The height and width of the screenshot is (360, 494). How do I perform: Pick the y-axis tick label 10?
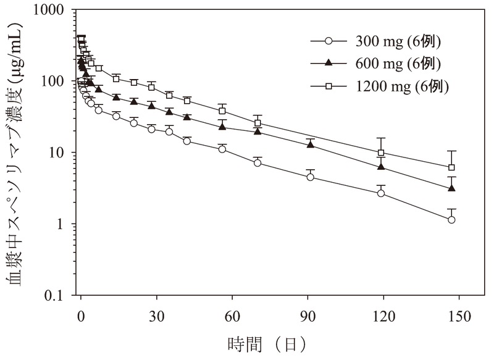[60, 153]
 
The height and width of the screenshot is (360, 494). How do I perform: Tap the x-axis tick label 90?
[308, 314]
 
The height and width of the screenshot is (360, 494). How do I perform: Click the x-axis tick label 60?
[232, 314]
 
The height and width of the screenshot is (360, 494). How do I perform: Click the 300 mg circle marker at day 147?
[451, 220]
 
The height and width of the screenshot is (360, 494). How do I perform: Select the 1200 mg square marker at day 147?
[451, 167]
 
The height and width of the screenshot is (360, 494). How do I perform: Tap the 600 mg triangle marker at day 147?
[451, 188]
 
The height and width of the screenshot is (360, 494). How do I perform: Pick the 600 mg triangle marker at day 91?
[311, 144]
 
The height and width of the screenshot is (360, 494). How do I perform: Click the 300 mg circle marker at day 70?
[257, 163]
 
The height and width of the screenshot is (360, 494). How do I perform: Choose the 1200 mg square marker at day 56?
[222, 111]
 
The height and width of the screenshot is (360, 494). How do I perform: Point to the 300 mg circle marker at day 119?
[381, 193]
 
